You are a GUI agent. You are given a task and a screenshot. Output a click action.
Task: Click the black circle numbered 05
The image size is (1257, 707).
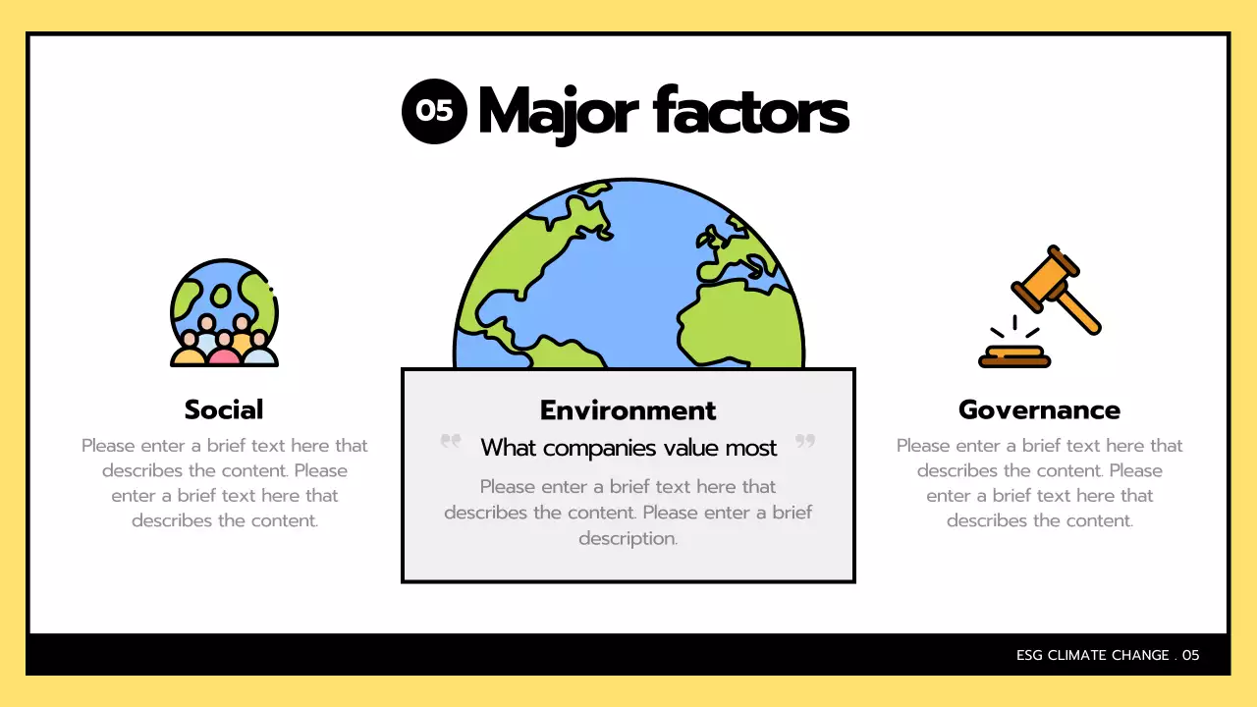[x=434, y=111]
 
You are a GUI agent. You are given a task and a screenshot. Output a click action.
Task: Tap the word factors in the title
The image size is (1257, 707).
[x=750, y=111]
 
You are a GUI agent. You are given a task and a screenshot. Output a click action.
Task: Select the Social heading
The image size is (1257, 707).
[x=224, y=409]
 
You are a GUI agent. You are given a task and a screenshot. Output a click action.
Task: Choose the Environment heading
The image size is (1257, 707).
[x=628, y=409]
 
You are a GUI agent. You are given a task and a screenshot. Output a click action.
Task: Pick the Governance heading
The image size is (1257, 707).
[x=1039, y=409]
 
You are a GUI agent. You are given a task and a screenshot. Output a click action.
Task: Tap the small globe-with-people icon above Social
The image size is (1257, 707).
[x=224, y=312]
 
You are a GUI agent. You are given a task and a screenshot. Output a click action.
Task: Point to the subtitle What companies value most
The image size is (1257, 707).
[x=628, y=448]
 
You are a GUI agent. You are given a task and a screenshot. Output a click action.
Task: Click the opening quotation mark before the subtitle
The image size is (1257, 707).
[x=451, y=442]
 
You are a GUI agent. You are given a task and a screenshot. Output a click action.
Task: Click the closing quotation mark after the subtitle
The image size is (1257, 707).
[x=805, y=442]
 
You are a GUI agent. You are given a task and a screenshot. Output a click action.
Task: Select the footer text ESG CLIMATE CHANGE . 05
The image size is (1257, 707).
[x=1108, y=655]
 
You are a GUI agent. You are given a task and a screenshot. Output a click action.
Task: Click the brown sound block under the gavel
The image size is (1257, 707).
[x=1014, y=355]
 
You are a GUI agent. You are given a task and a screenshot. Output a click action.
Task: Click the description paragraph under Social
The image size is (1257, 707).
[x=224, y=482]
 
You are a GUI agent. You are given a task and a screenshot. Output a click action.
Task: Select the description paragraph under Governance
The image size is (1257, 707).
[x=1039, y=482]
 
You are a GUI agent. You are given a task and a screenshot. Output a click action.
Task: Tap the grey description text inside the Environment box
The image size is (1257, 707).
[x=628, y=512]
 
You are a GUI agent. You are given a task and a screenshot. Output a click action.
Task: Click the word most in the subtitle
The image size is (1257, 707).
[x=751, y=448]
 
